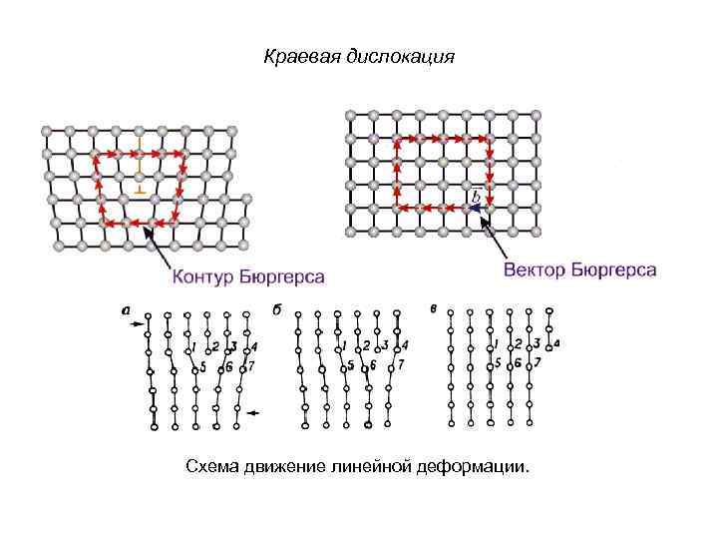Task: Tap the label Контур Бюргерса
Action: (249, 275)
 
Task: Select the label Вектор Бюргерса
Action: (579, 270)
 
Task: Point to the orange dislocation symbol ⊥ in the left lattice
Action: (140, 187)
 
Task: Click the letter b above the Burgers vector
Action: (476, 195)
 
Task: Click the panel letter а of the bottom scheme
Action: (126, 309)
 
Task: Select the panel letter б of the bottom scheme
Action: (276, 309)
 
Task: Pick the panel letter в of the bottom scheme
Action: (434, 307)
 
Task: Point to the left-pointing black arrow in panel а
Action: (253, 412)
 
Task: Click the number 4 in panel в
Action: (555, 342)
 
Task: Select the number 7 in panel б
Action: (400, 365)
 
